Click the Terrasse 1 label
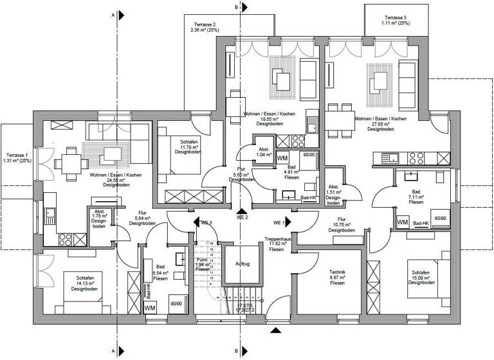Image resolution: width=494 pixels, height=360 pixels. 17,156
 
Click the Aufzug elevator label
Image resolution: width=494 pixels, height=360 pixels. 242,264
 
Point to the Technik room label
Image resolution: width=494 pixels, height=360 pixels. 338,272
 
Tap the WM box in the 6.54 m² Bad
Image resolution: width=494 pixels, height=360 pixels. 150,309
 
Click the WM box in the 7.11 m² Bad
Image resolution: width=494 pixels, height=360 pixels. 403,222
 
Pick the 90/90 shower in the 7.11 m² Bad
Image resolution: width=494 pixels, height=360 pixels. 441,218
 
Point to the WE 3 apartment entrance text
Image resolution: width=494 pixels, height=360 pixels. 206,222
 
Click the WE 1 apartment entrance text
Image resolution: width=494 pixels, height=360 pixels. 279,222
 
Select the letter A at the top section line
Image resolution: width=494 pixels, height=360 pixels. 113,14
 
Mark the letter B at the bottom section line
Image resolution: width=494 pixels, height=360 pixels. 237,351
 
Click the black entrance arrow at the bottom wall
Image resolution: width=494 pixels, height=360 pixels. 276,330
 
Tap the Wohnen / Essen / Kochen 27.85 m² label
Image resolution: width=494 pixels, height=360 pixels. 380,123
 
